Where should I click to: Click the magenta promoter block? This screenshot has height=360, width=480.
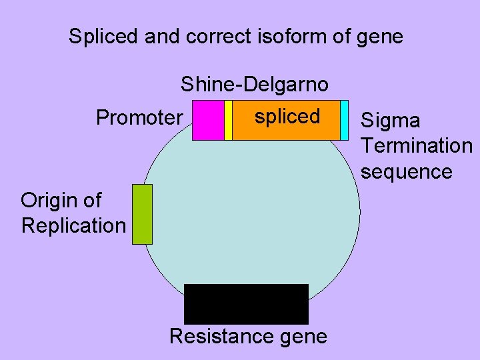208,120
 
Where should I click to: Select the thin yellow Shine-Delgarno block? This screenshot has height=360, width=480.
228,120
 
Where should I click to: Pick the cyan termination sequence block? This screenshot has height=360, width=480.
345,120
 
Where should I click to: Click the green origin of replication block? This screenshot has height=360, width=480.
142,214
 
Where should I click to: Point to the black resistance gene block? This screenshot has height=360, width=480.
246,304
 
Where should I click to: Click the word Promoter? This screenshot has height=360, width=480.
139,118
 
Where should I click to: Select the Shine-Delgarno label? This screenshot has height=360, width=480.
254,85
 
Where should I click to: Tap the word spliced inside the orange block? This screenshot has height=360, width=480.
287,116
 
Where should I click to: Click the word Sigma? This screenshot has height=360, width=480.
391,121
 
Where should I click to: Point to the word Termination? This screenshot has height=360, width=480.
416,145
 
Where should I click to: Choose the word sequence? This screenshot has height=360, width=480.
407,171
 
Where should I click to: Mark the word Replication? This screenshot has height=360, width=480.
73,225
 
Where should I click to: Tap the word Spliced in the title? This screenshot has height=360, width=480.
103,37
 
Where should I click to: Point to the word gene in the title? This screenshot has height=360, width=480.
380,37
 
